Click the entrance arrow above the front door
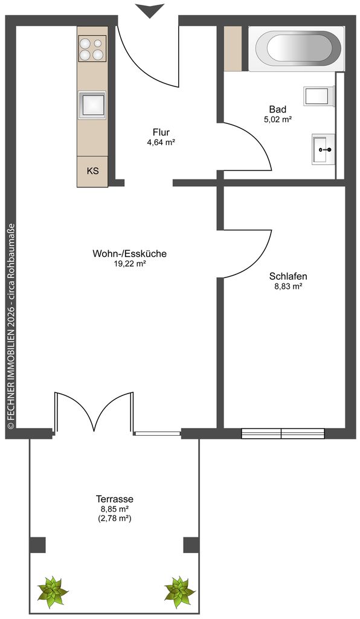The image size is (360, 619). [149, 10]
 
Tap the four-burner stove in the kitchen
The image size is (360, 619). [92, 48]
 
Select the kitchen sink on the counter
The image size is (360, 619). [92, 105]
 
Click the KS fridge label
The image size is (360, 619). [92, 171]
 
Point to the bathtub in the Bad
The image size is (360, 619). [298, 49]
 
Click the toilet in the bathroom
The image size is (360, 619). [320, 97]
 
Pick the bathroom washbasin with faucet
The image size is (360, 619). [324, 149]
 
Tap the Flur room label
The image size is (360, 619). [161, 132]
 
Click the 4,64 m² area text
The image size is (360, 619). [161, 143]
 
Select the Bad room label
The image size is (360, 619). [278, 109]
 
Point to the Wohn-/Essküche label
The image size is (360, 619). [129, 253]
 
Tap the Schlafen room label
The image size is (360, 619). [288, 276]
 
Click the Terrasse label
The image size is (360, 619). [114, 499]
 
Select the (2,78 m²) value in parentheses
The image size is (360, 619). [114, 519]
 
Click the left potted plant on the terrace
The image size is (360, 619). [52, 592]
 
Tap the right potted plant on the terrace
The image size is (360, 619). [180, 592]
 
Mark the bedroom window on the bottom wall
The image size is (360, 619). [283, 433]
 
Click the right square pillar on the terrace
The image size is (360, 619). [191, 545]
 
